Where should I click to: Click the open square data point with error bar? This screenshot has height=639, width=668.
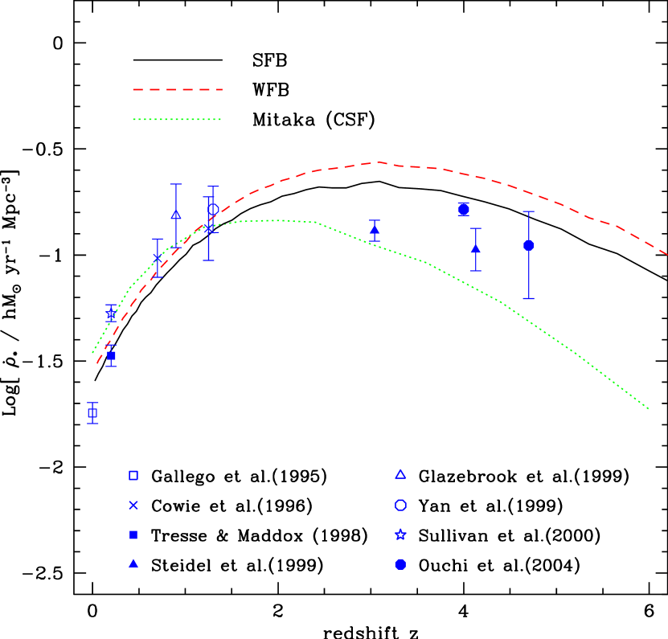pyautogui.click(x=92, y=413)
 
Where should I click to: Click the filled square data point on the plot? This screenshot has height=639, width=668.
pyautogui.click(x=111, y=355)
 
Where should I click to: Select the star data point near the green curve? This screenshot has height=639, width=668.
pyautogui.click(x=111, y=313)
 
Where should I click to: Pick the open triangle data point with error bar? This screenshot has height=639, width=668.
pyautogui.click(x=176, y=215)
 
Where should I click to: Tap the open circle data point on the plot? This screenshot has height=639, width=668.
pyautogui.click(x=213, y=209)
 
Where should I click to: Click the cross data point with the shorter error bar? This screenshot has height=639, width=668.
pyautogui.click(x=158, y=258)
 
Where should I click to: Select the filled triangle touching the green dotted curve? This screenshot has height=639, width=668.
pyautogui.click(x=375, y=230)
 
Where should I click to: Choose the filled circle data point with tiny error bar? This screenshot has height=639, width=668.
pyautogui.click(x=464, y=209)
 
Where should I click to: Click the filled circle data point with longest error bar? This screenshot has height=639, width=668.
pyautogui.click(x=529, y=245)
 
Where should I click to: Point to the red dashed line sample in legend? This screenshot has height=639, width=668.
pyautogui.click(x=178, y=90)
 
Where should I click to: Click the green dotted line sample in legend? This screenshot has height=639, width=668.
pyautogui.click(x=177, y=120)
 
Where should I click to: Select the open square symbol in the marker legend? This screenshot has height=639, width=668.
pyautogui.click(x=133, y=476)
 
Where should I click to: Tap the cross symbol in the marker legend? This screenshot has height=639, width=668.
pyautogui.click(x=133, y=506)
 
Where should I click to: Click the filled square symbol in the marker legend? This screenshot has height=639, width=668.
pyautogui.click(x=133, y=535)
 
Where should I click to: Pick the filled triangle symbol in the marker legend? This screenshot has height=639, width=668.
pyautogui.click(x=133, y=563)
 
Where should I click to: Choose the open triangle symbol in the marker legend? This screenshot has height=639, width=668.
pyautogui.click(x=400, y=474)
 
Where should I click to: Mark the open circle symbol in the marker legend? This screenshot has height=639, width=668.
pyautogui.click(x=400, y=506)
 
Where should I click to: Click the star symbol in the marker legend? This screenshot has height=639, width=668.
pyautogui.click(x=400, y=535)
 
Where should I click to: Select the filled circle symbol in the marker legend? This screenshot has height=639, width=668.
pyautogui.click(x=400, y=564)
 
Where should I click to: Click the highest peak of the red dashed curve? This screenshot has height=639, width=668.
pyautogui.click(x=378, y=162)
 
